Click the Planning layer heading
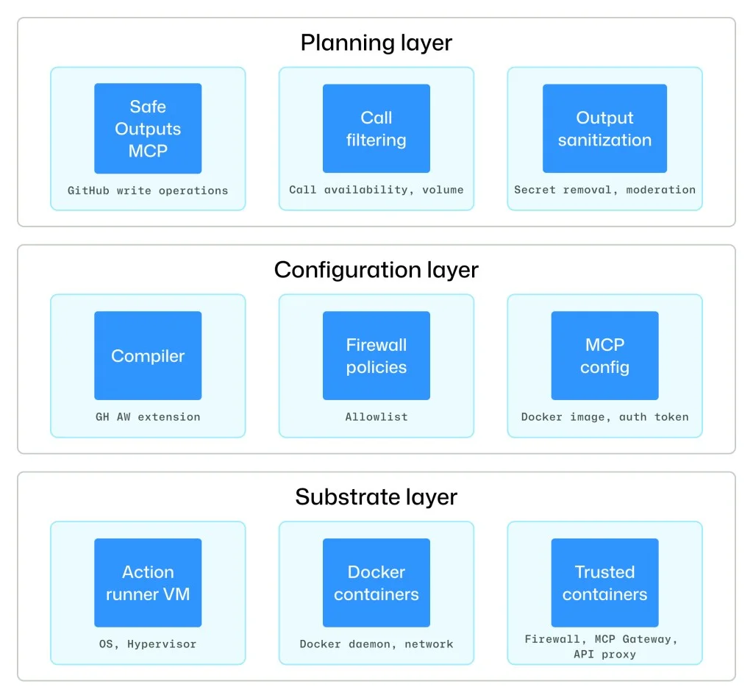click(376, 43)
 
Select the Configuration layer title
click(376, 270)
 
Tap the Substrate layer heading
click(376, 497)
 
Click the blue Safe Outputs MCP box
click(148, 129)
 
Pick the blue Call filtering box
click(376, 129)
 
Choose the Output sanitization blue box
click(604, 129)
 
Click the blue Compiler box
click(148, 356)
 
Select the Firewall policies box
click(376, 356)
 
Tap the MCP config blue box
click(604, 356)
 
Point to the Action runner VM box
click(148, 583)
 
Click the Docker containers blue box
click(376, 583)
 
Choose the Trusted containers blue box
click(604, 583)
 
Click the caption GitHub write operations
click(148, 190)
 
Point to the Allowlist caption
click(376, 417)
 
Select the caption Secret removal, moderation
click(604, 190)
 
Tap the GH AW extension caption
click(148, 417)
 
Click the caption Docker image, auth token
click(604, 417)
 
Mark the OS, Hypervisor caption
click(148, 644)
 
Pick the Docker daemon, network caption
click(376, 644)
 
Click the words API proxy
click(604, 654)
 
